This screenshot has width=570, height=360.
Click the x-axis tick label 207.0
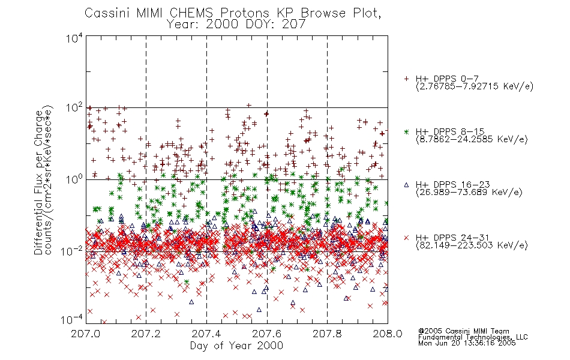coord(85,334)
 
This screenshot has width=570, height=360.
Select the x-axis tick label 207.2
coord(146,334)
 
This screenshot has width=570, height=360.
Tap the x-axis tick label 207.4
coord(206,334)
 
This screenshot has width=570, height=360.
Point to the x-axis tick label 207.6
coord(266,334)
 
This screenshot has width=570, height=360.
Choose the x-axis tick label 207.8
coord(327,334)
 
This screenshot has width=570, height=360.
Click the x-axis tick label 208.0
coord(388,334)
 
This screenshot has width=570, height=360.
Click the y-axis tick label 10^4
coord(74,38)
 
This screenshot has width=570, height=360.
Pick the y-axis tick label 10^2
coord(74,109)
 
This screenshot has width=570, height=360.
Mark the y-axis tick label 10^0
coord(74,180)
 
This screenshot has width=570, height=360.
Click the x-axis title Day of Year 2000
coord(236,346)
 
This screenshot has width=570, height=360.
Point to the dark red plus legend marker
coord(406,79)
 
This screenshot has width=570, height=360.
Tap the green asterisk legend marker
coord(406,132)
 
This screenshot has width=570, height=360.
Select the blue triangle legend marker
coord(406,185)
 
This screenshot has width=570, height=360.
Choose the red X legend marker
coord(406,238)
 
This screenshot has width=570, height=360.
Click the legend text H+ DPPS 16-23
coord(452,184)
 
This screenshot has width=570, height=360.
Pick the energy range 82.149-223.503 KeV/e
coord(472,245)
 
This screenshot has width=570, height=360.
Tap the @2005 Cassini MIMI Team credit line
coord(463,331)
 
